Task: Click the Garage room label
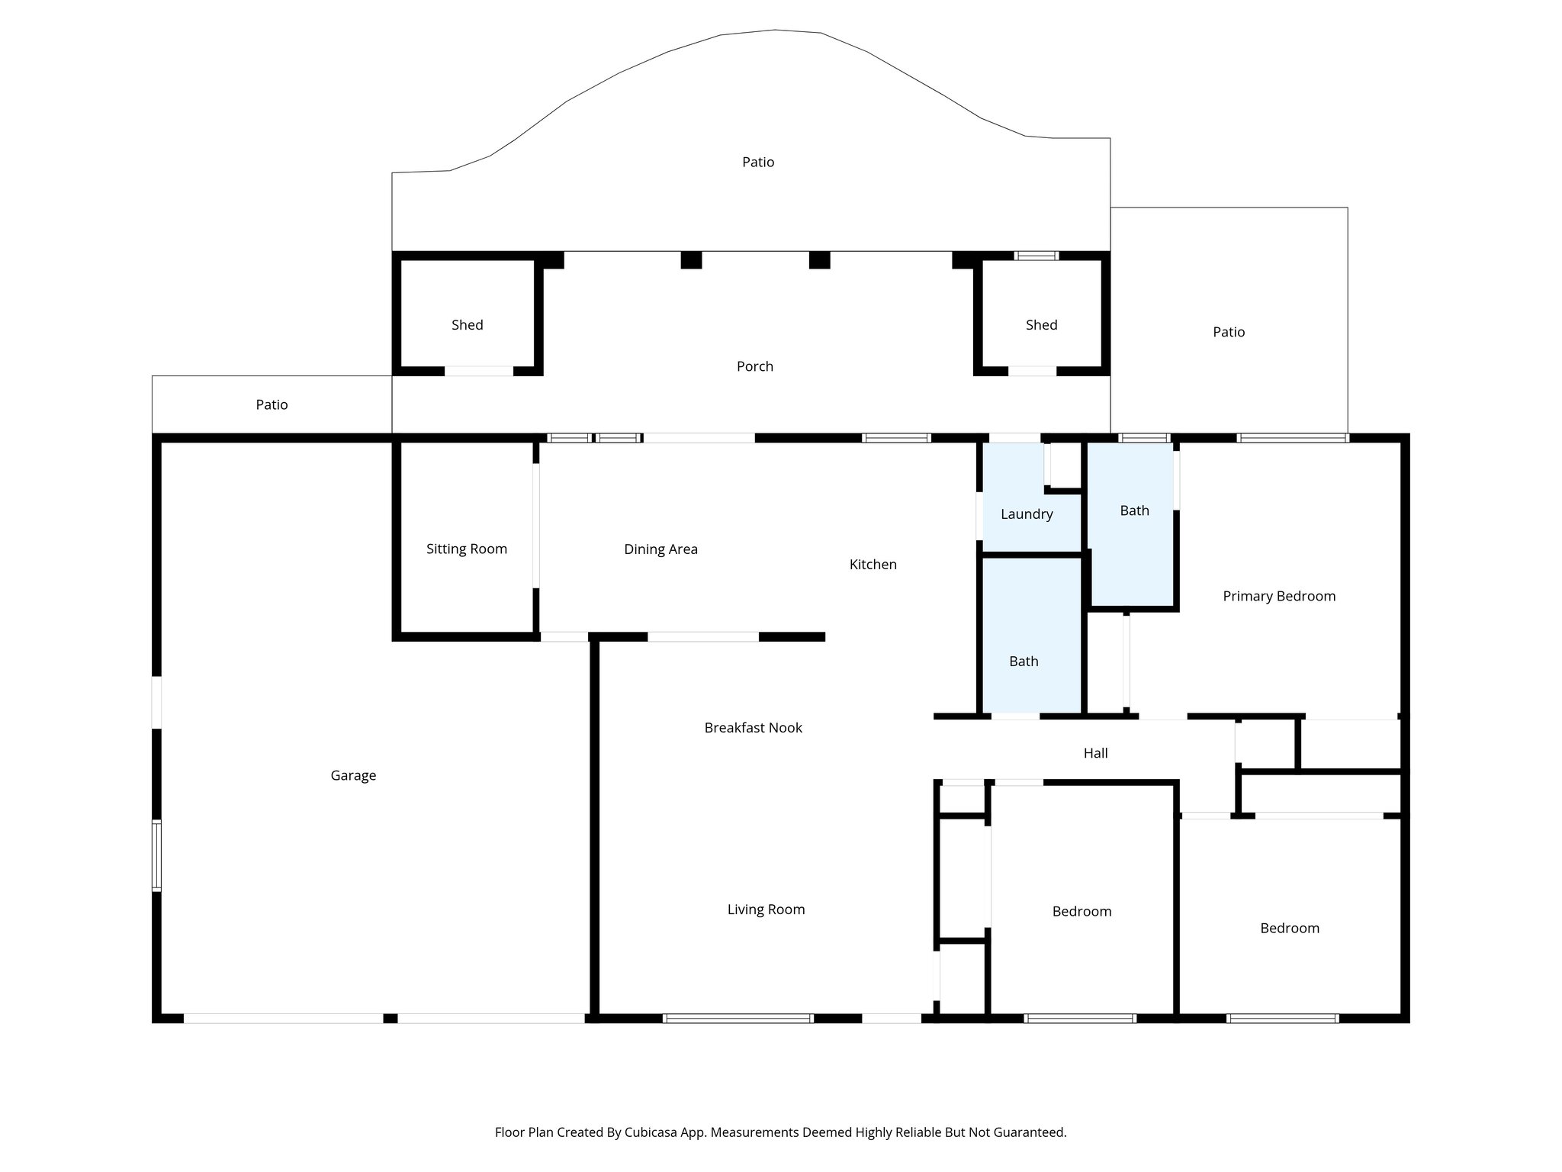(353, 775)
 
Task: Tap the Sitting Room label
(466, 549)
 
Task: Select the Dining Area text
(660, 549)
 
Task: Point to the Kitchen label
(873, 564)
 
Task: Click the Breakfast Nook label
(753, 727)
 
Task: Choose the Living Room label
(766, 909)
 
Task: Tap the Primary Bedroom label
(1279, 596)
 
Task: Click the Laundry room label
(1027, 514)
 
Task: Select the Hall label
(1095, 753)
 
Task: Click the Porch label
(754, 366)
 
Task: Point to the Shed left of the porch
(467, 324)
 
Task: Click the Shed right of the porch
(1041, 324)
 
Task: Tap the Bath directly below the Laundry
(1024, 661)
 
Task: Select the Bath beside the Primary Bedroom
(1134, 510)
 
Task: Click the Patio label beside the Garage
(272, 404)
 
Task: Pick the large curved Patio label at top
(758, 162)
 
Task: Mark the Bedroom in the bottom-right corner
(1289, 928)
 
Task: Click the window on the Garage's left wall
(156, 855)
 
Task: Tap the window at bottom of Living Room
(738, 1018)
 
